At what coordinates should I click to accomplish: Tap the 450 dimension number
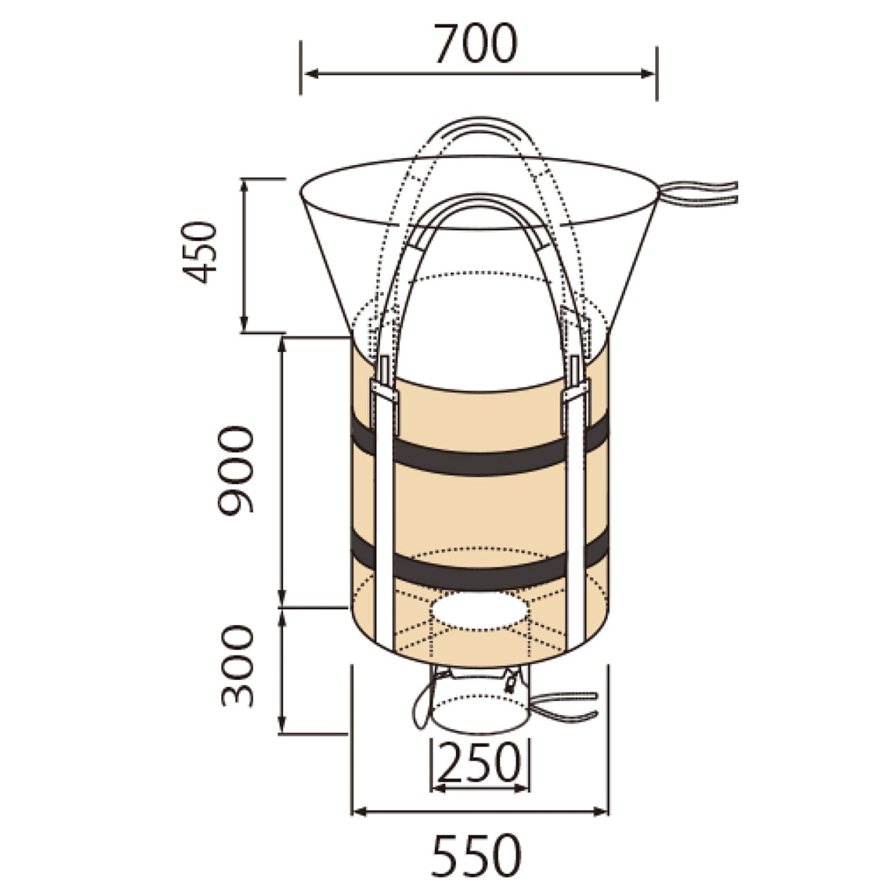[x=200, y=252]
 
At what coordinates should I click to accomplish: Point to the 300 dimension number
[x=237, y=667]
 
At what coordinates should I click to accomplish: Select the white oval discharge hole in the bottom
[x=479, y=611]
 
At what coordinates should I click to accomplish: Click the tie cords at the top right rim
[x=697, y=193]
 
